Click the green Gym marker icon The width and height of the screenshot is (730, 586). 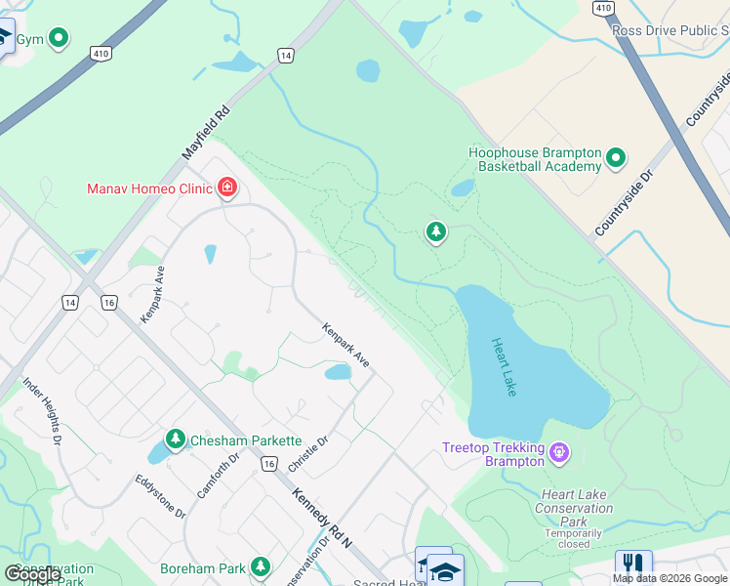point(59,39)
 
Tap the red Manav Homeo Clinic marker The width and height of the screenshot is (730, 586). point(227,187)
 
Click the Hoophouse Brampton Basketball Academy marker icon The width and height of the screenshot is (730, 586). point(616,157)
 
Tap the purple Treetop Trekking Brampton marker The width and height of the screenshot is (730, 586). point(557,453)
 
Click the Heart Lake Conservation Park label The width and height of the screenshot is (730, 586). point(575,508)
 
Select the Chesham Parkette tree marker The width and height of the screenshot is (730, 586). point(175,439)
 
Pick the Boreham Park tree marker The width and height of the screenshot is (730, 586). point(260,566)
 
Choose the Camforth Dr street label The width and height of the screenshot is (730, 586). point(218,476)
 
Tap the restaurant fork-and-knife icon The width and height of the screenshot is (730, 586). point(633,565)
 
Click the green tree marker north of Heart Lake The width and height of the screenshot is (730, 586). point(435,232)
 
